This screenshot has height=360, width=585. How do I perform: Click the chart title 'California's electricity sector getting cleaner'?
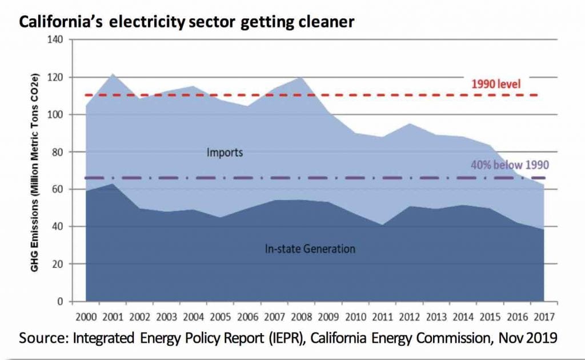coord(186,23)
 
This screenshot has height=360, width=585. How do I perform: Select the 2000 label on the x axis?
coord(86,316)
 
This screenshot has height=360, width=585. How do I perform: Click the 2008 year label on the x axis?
coord(301,316)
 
